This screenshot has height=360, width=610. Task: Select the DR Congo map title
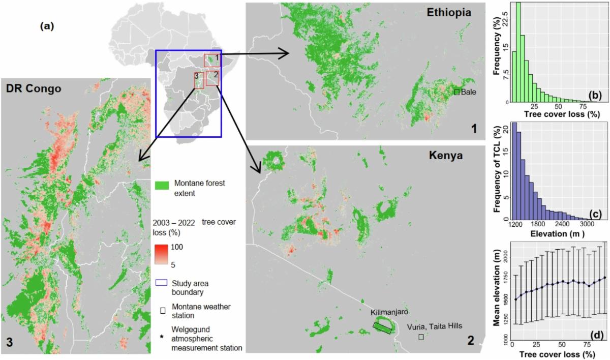[x=34, y=88]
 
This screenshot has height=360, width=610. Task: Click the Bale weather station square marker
[x=456, y=92]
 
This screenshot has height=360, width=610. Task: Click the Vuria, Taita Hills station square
[x=421, y=337]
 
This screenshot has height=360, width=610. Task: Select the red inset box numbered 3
[x=198, y=80]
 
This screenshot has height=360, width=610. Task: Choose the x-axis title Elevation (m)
[x=556, y=234]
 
